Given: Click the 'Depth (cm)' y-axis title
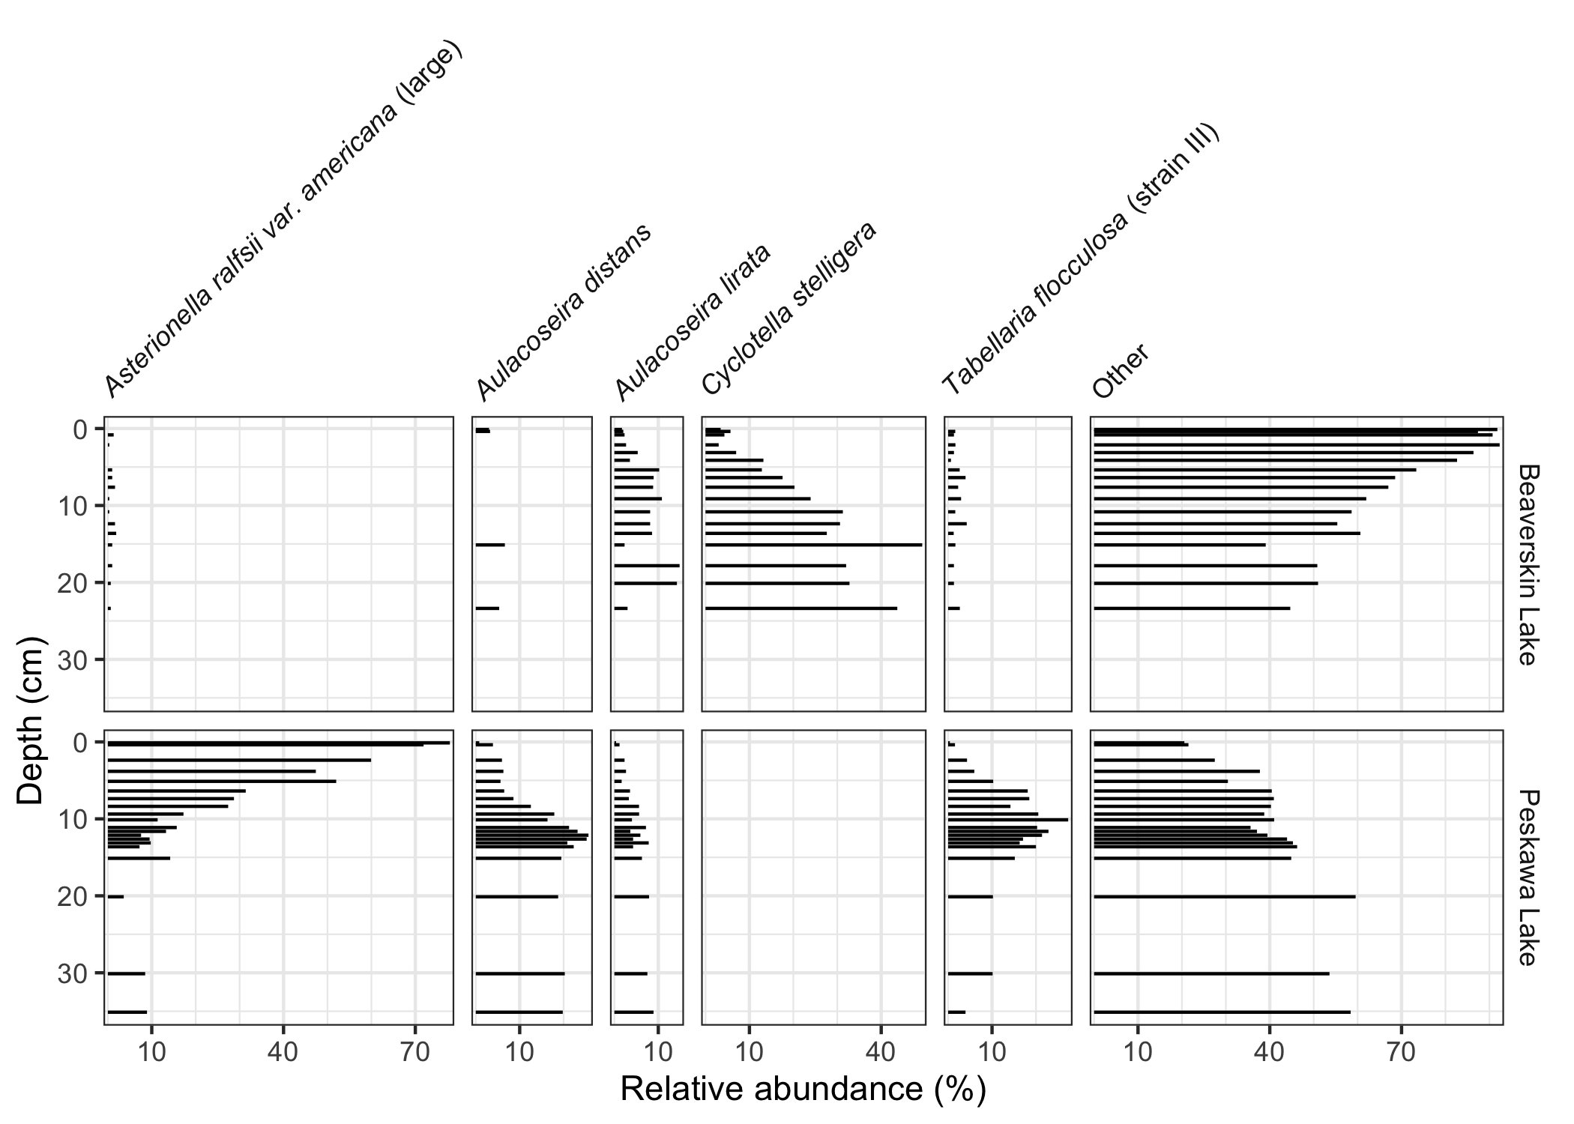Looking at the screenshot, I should point(30,720).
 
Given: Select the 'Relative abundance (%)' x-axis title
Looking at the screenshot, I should point(803,1090).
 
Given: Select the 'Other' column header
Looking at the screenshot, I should point(1121,372).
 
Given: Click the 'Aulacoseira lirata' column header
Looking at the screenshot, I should point(693,322).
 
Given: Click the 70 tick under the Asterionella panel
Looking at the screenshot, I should point(414,1052).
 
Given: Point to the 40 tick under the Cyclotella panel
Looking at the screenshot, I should point(881,1052).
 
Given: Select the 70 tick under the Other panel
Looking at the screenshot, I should point(1401,1052).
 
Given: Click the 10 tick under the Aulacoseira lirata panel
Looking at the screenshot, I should point(658,1052).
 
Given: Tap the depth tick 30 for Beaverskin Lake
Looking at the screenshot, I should point(75,659).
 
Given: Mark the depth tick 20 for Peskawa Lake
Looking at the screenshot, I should point(75,896).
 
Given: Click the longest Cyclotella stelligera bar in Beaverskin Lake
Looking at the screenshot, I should point(813,545).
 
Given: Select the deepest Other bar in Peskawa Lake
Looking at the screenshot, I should point(1222,1012).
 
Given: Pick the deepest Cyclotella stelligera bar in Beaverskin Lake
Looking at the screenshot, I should point(800,608).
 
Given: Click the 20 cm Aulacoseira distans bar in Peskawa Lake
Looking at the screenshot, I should point(516,896).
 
